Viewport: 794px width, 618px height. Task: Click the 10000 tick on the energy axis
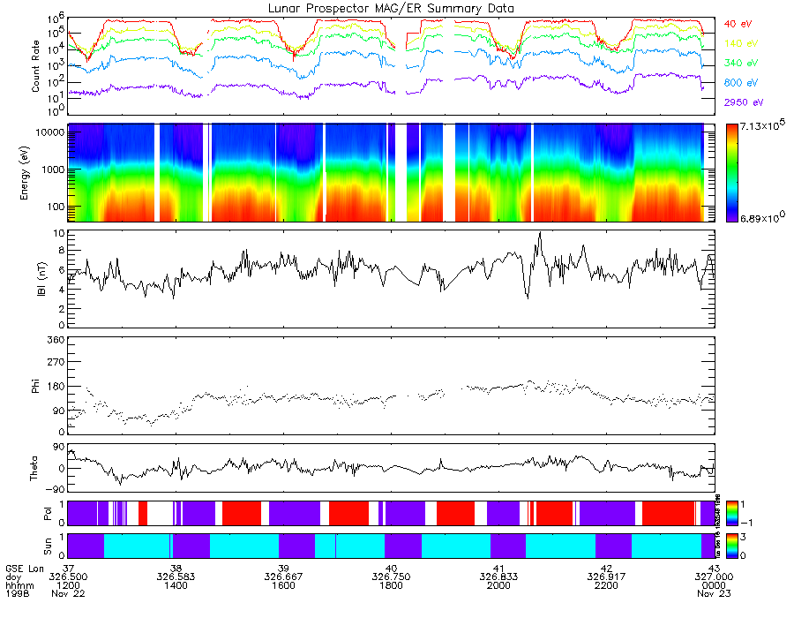click(49, 132)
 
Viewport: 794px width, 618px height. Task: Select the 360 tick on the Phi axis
click(56, 340)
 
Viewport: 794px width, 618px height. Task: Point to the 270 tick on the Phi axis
click(56, 362)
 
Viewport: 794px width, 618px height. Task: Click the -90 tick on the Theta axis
click(54, 490)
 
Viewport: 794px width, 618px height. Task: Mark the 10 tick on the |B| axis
click(59, 234)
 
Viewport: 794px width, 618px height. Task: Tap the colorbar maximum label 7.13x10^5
click(757, 129)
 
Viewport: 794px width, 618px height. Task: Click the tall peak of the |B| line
click(539, 233)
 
